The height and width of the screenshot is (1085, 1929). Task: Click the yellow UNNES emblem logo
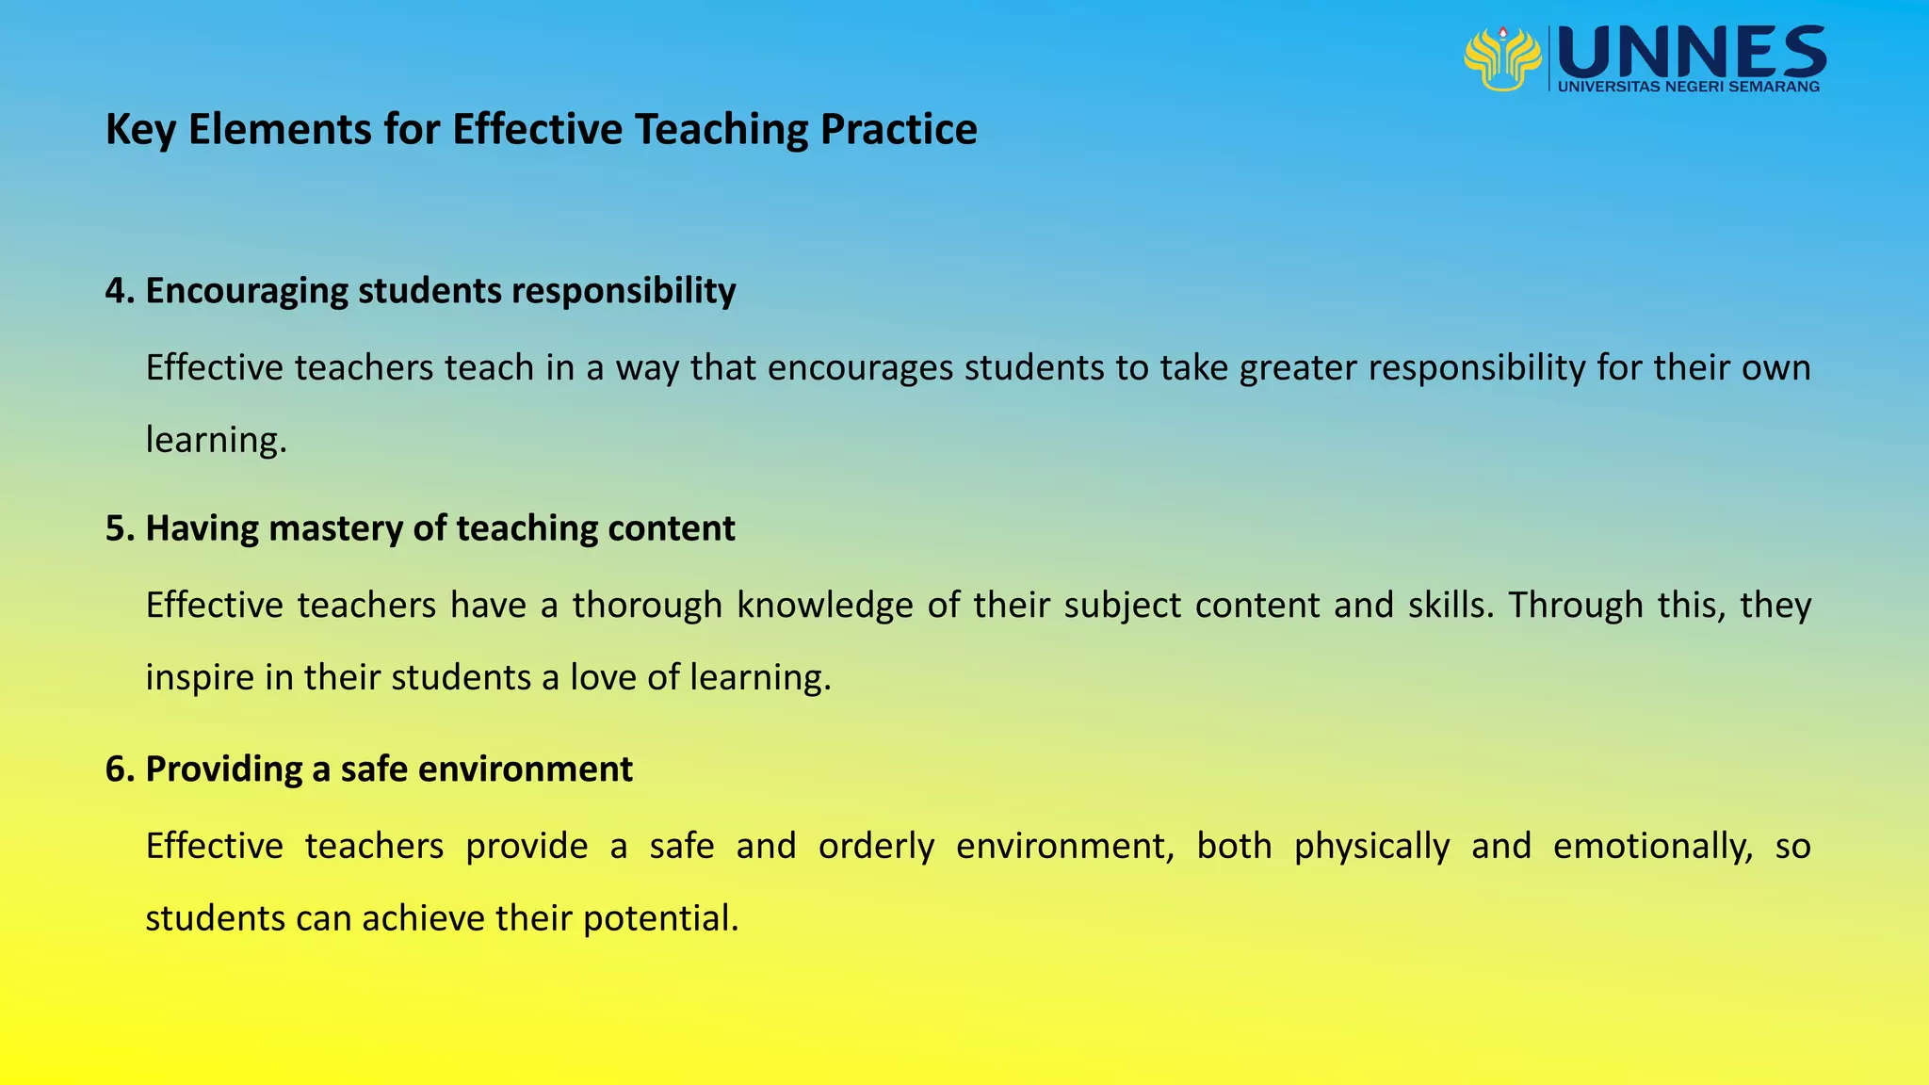(1501, 58)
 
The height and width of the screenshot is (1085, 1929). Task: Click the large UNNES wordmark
(1693, 53)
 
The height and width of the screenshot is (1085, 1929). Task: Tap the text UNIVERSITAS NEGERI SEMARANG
(1689, 87)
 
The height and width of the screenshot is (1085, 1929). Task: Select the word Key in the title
(140, 130)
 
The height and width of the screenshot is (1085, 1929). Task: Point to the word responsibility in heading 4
(624, 291)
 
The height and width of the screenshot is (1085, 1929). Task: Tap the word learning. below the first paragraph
(216, 440)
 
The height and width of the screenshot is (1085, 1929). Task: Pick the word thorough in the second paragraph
(647, 605)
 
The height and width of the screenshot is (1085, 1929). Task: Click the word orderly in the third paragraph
(876, 846)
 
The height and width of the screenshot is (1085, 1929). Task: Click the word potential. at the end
(660, 918)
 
